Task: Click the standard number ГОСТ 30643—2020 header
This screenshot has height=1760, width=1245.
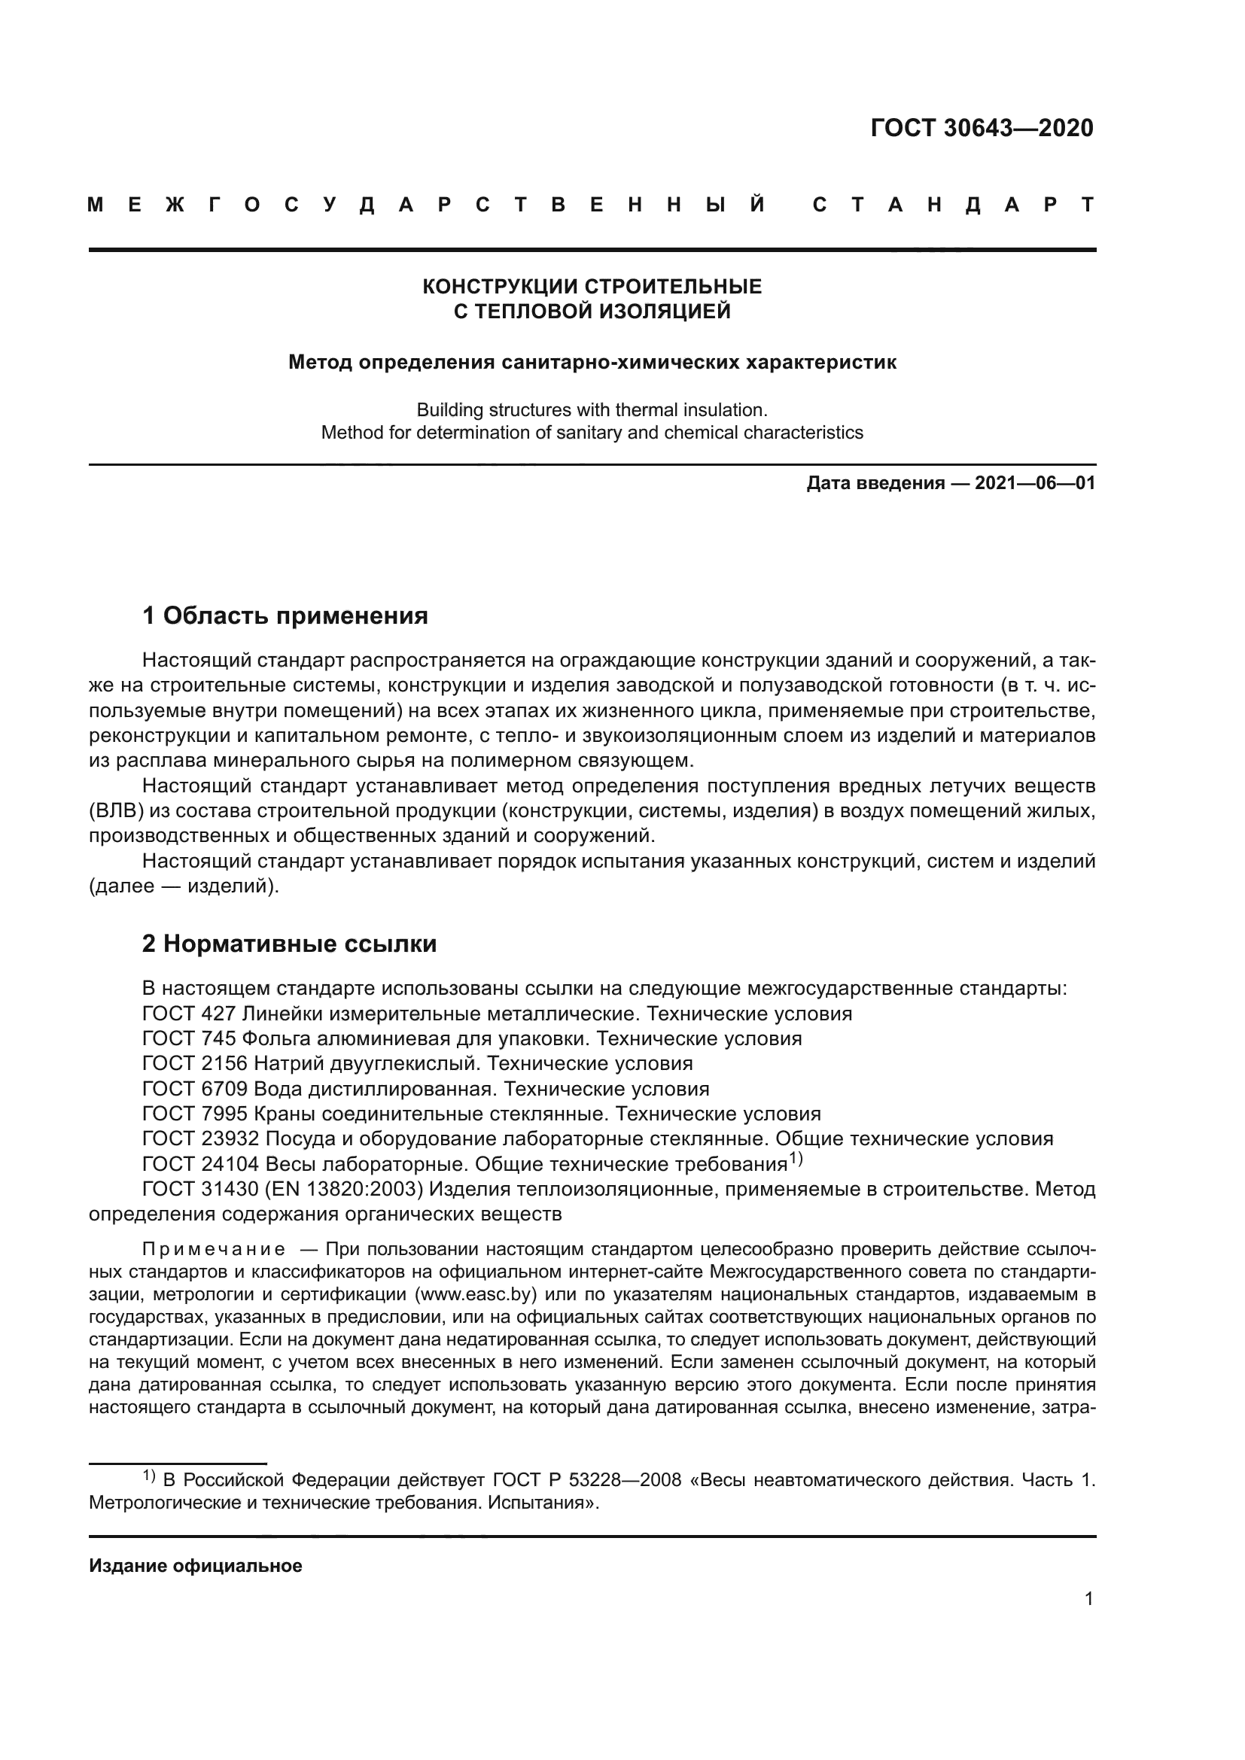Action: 982,128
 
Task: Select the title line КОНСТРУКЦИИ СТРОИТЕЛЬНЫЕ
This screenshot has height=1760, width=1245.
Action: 592,287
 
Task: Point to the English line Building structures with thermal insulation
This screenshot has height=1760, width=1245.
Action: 592,409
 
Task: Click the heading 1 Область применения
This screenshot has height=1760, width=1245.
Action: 285,616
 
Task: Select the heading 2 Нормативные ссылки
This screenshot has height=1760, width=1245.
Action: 289,944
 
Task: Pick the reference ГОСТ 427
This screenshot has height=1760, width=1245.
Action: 189,1014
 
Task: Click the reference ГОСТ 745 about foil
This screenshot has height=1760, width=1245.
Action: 189,1038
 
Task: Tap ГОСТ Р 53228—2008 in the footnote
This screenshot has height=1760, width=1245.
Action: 586,1479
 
